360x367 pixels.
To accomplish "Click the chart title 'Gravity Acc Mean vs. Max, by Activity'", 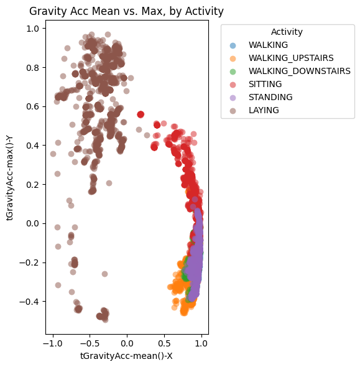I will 126,11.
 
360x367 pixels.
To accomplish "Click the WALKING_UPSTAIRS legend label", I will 291,58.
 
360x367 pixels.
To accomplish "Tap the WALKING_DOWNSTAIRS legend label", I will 299,72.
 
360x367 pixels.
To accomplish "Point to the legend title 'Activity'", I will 287,32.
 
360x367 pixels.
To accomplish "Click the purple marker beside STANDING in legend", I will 233,97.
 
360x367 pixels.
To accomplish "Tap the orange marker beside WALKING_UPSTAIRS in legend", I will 233,58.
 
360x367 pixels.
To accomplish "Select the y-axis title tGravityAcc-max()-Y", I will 11,179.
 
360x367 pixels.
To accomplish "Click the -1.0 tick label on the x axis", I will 53,342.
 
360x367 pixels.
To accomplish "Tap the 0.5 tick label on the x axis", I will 164,342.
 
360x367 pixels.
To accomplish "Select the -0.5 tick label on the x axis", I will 90,342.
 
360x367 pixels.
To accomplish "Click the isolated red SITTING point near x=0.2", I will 141,114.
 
